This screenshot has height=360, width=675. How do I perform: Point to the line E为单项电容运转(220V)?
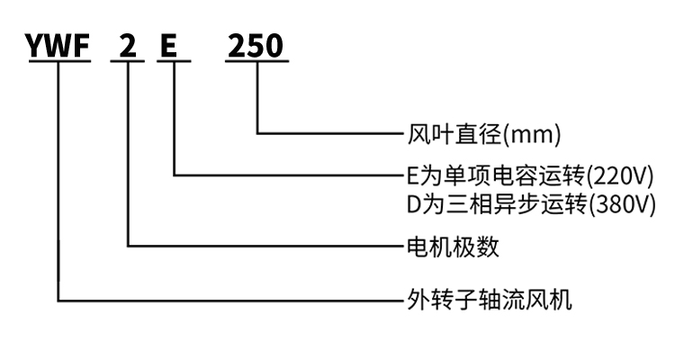click(530, 175)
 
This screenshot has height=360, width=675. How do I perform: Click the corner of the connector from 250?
click(258, 134)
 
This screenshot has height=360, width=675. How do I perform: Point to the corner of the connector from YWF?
click(58, 301)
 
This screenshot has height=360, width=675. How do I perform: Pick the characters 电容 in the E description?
click(509, 175)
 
